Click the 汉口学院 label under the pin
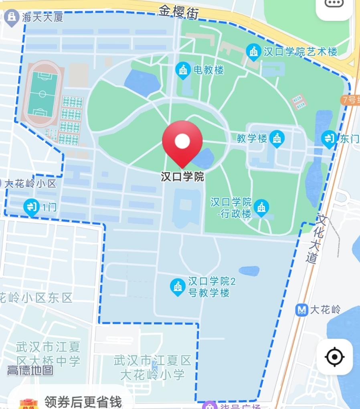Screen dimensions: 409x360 [182, 177]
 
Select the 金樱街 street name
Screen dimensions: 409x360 [179, 12]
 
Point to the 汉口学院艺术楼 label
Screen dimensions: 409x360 [300, 51]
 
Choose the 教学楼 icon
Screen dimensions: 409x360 [277, 138]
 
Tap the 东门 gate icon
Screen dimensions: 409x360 [329, 139]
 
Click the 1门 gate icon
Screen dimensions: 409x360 [31, 208]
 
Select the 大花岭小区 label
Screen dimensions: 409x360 [30, 184]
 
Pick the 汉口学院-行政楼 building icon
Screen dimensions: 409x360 [261, 208]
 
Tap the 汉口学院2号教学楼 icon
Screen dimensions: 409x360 [178, 287]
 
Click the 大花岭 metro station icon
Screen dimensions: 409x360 [301, 309]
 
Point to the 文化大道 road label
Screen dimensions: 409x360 [317, 239]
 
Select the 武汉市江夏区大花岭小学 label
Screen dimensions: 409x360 [152, 367]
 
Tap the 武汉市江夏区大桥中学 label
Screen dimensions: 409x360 [48, 353]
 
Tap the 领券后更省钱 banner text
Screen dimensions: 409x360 [83, 401]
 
